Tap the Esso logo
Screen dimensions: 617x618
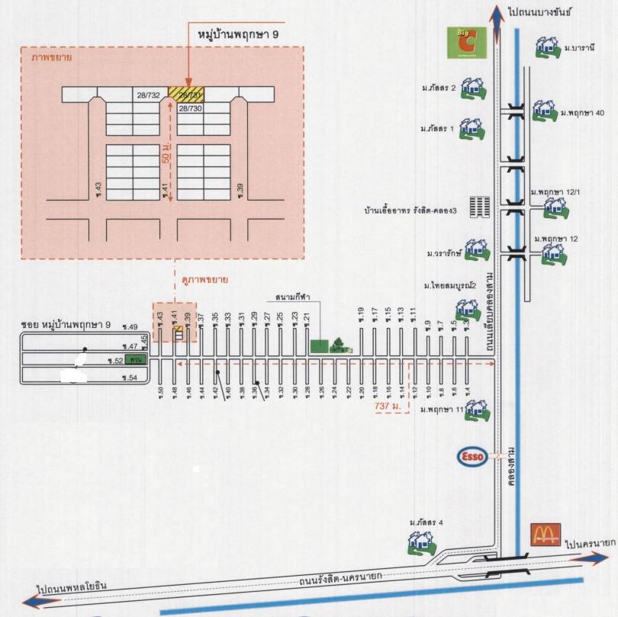pos(471,456)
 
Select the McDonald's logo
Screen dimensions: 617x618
pos(546,534)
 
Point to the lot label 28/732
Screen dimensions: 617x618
pos(148,95)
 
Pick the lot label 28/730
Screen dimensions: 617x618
pos(190,109)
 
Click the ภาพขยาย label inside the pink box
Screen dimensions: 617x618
pos(47,57)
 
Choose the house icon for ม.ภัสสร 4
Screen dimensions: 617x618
pos(420,541)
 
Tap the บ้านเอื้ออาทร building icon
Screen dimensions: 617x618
pos(479,207)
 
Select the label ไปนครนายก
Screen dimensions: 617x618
pos(591,545)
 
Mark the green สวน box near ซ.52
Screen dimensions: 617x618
pos(137,358)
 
